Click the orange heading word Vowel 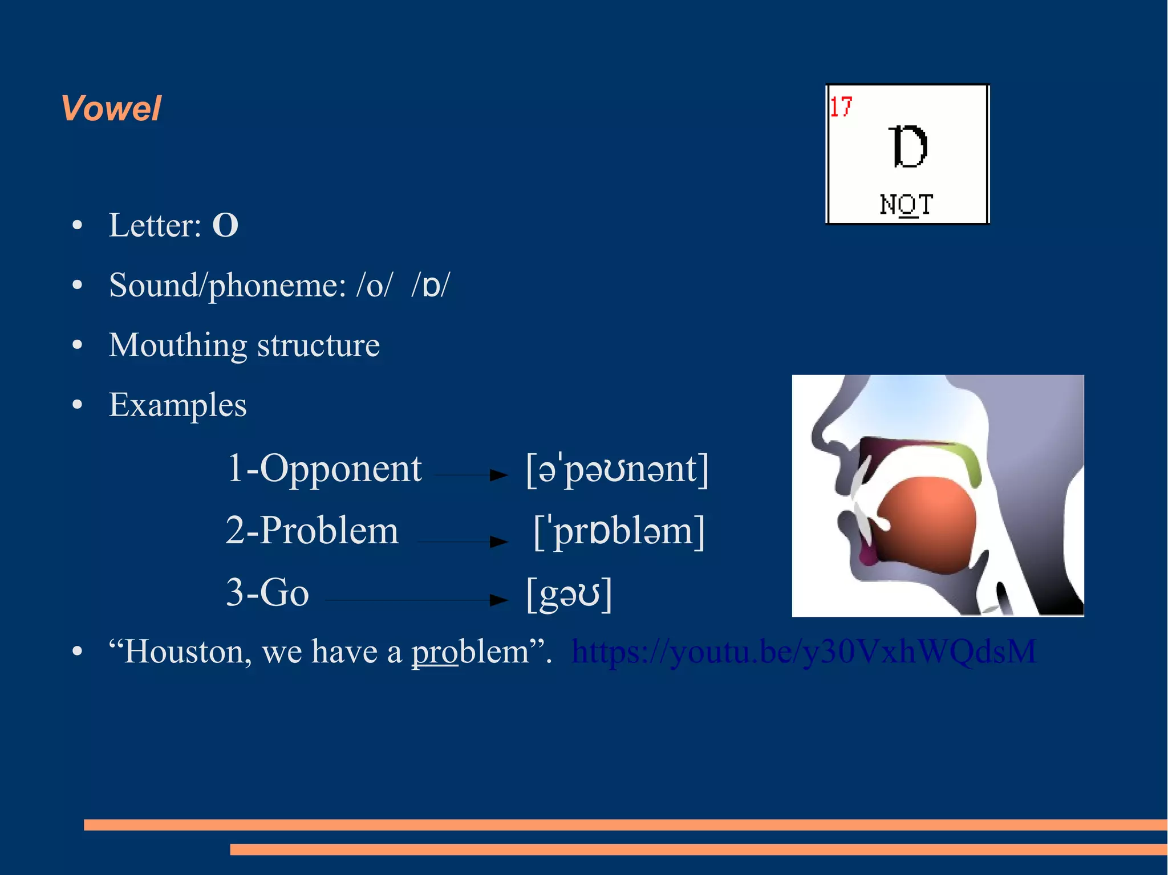click(111, 108)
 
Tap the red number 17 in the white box click(841, 107)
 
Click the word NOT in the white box click(906, 205)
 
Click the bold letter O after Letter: click(225, 225)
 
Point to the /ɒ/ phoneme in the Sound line click(431, 285)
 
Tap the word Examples click(178, 405)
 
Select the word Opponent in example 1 click(340, 469)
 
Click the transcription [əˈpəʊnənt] click(617, 470)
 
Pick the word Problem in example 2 click(329, 530)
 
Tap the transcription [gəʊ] click(569, 593)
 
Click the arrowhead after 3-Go click(499, 599)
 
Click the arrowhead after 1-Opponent click(499, 474)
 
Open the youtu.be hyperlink click(804, 652)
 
